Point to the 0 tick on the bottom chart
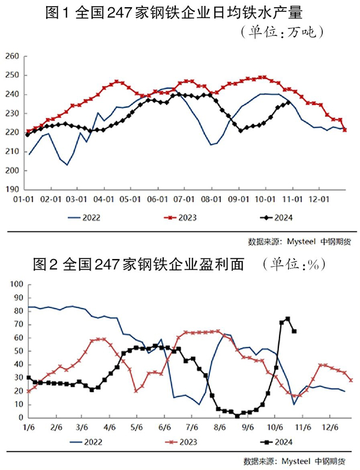click(x=19, y=418)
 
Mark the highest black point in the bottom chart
click(x=288, y=319)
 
